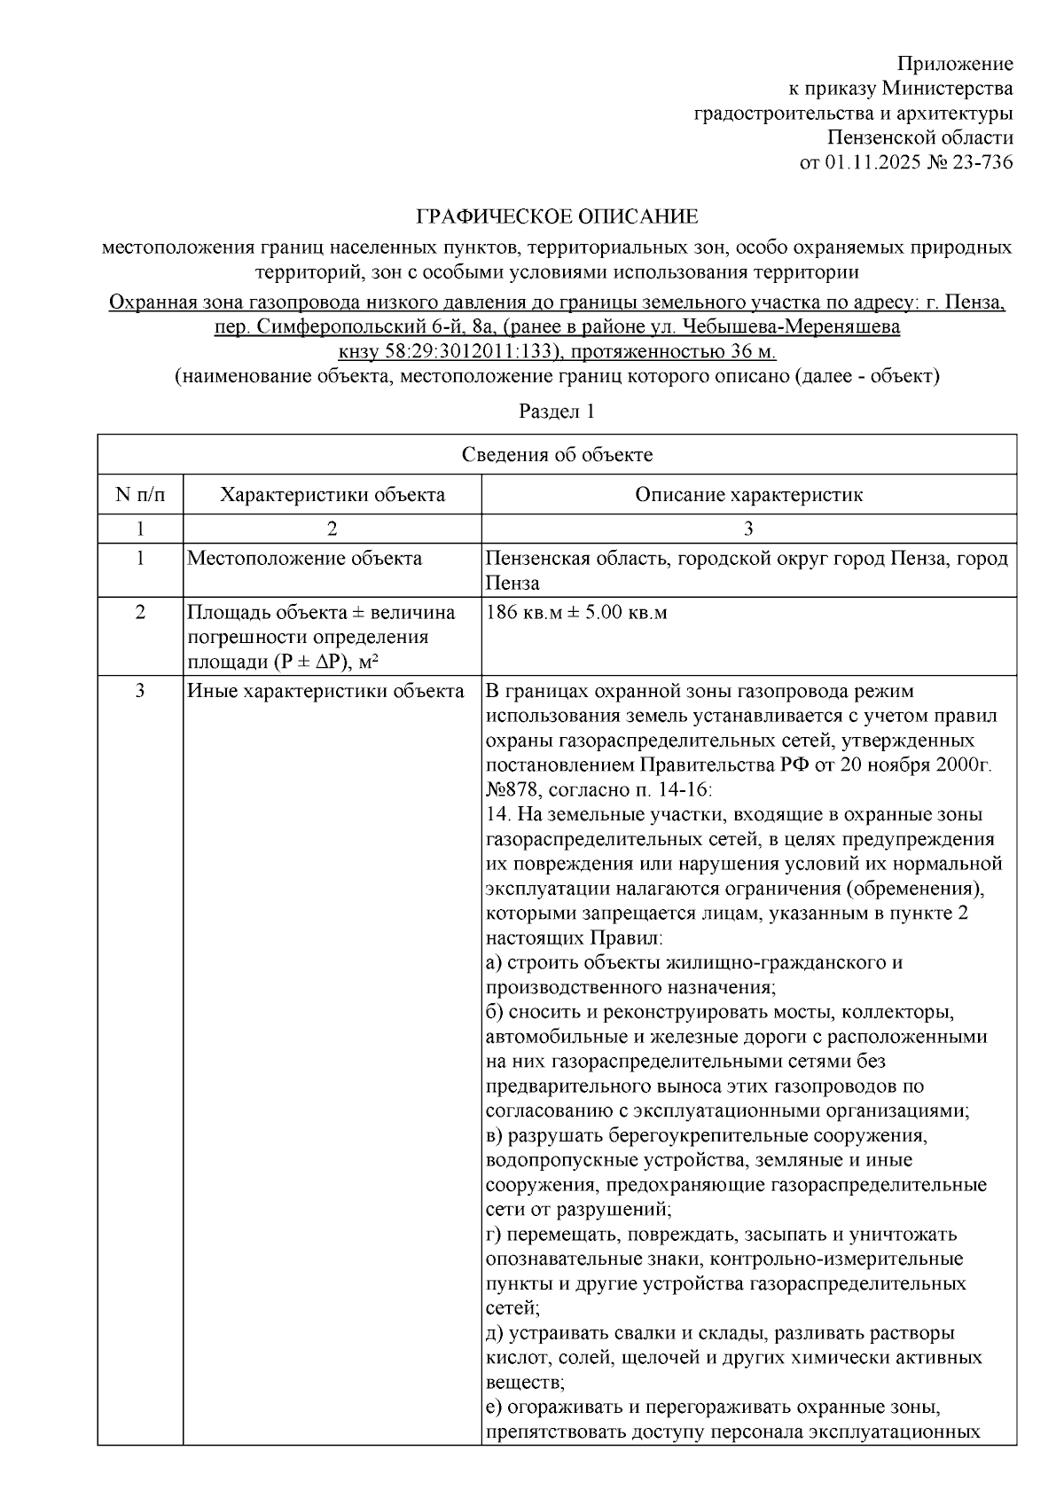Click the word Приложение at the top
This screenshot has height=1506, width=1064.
[954, 64]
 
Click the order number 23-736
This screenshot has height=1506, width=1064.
[982, 162]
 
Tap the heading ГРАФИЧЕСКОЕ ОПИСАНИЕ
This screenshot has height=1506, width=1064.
[558, 216]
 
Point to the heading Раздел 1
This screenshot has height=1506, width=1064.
[556, 412]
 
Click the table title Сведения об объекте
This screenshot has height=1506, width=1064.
[557, 455]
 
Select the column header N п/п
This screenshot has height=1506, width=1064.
[140, 495]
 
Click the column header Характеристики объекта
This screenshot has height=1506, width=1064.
[332, 495]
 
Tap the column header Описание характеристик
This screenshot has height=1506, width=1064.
[748, 495]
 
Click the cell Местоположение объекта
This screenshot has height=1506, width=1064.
[305, 559]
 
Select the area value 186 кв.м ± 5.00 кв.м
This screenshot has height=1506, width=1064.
[576, 613]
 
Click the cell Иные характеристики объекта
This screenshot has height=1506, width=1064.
[325, 691]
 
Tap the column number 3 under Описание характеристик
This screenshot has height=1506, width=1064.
[748, 529]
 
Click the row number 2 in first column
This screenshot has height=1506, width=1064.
[140, 613]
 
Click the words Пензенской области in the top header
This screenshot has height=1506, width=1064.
[919, 137]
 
